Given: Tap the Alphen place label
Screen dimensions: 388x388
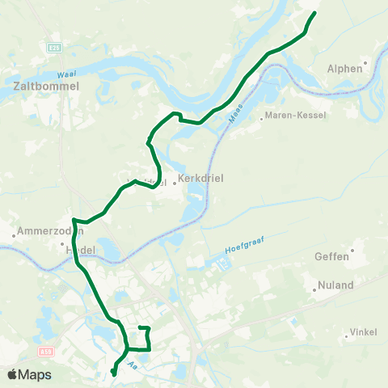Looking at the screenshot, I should (x=345, y=69).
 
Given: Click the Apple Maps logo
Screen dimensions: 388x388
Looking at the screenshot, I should (x=30, y=374).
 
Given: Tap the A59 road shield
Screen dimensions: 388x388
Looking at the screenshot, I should (x=45, y=352).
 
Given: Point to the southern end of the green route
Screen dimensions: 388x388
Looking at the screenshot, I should (x=113, y=373).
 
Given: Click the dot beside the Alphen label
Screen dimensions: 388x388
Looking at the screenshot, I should (x=365, y=62).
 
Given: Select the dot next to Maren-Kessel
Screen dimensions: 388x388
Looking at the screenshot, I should (x=262, y=116).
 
